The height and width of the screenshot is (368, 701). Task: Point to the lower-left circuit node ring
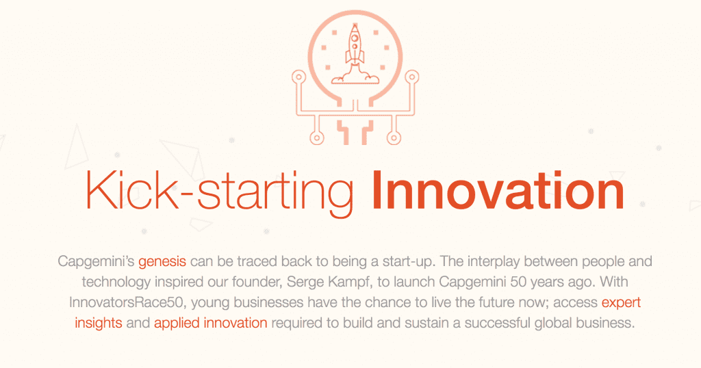(316, 138)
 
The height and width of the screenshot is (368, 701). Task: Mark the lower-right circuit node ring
(394, 138)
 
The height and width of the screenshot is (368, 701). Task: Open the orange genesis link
(162, 262)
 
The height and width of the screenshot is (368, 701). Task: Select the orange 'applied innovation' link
(210, 323)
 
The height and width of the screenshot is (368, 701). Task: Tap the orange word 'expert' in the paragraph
(621, 302)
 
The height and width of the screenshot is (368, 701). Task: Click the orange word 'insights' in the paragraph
(99, 323)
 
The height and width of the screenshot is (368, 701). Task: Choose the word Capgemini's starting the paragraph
(96, 262)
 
